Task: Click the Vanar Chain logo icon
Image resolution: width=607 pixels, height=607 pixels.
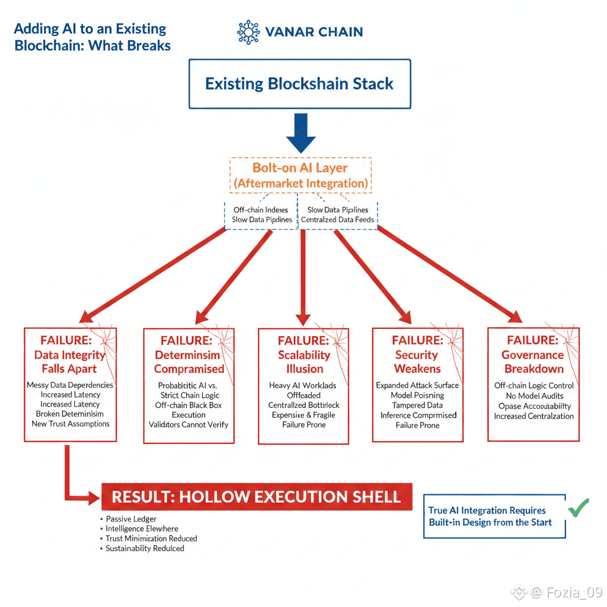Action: (248, 32)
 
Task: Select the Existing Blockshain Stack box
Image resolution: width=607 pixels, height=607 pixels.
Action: (299, 84)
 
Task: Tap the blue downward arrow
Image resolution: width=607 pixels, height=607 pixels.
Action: (301, 135)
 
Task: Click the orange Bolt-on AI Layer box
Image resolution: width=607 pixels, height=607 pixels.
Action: (301, 175)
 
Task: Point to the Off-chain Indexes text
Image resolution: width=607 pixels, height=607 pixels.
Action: (261, 210)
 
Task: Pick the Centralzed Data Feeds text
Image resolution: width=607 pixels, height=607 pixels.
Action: (337, 220)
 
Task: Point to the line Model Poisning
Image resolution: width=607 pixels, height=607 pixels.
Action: (417, 395)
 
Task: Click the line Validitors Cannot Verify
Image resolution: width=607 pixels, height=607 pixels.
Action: (189, 424)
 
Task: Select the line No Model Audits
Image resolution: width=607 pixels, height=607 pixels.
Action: (533, 396)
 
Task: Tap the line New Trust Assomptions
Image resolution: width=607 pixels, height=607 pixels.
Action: (71, 424)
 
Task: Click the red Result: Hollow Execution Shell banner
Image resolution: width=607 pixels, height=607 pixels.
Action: (256, 496)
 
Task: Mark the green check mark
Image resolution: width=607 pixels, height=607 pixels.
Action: (578, 507)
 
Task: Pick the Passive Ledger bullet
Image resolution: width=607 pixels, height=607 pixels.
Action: (131, 519)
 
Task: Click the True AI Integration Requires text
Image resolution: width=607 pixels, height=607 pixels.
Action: (487, 510)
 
